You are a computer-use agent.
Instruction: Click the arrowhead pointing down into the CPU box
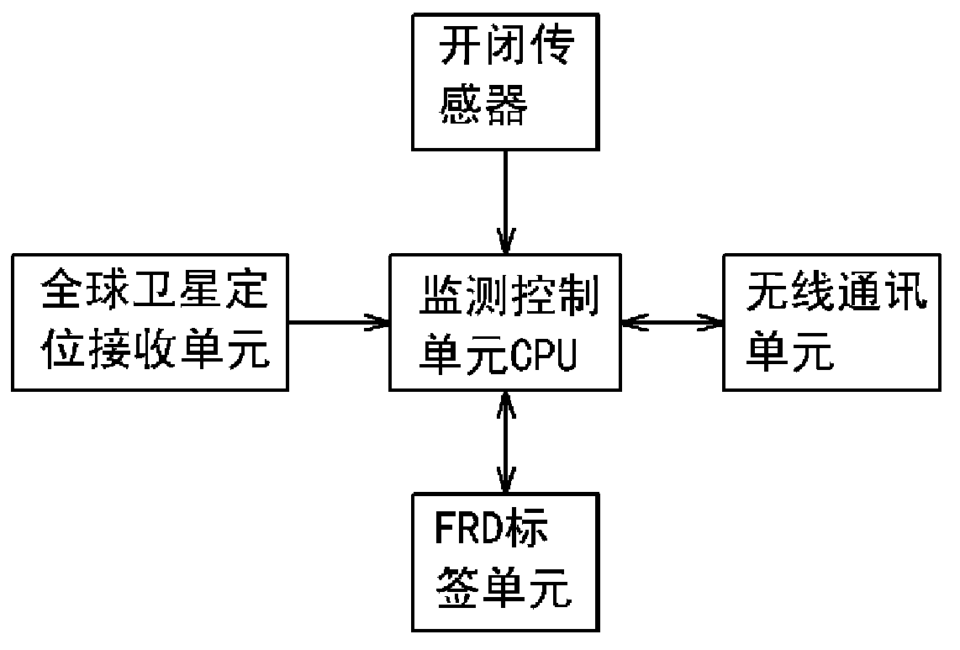504,244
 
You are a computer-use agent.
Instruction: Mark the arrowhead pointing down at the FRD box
504,484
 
